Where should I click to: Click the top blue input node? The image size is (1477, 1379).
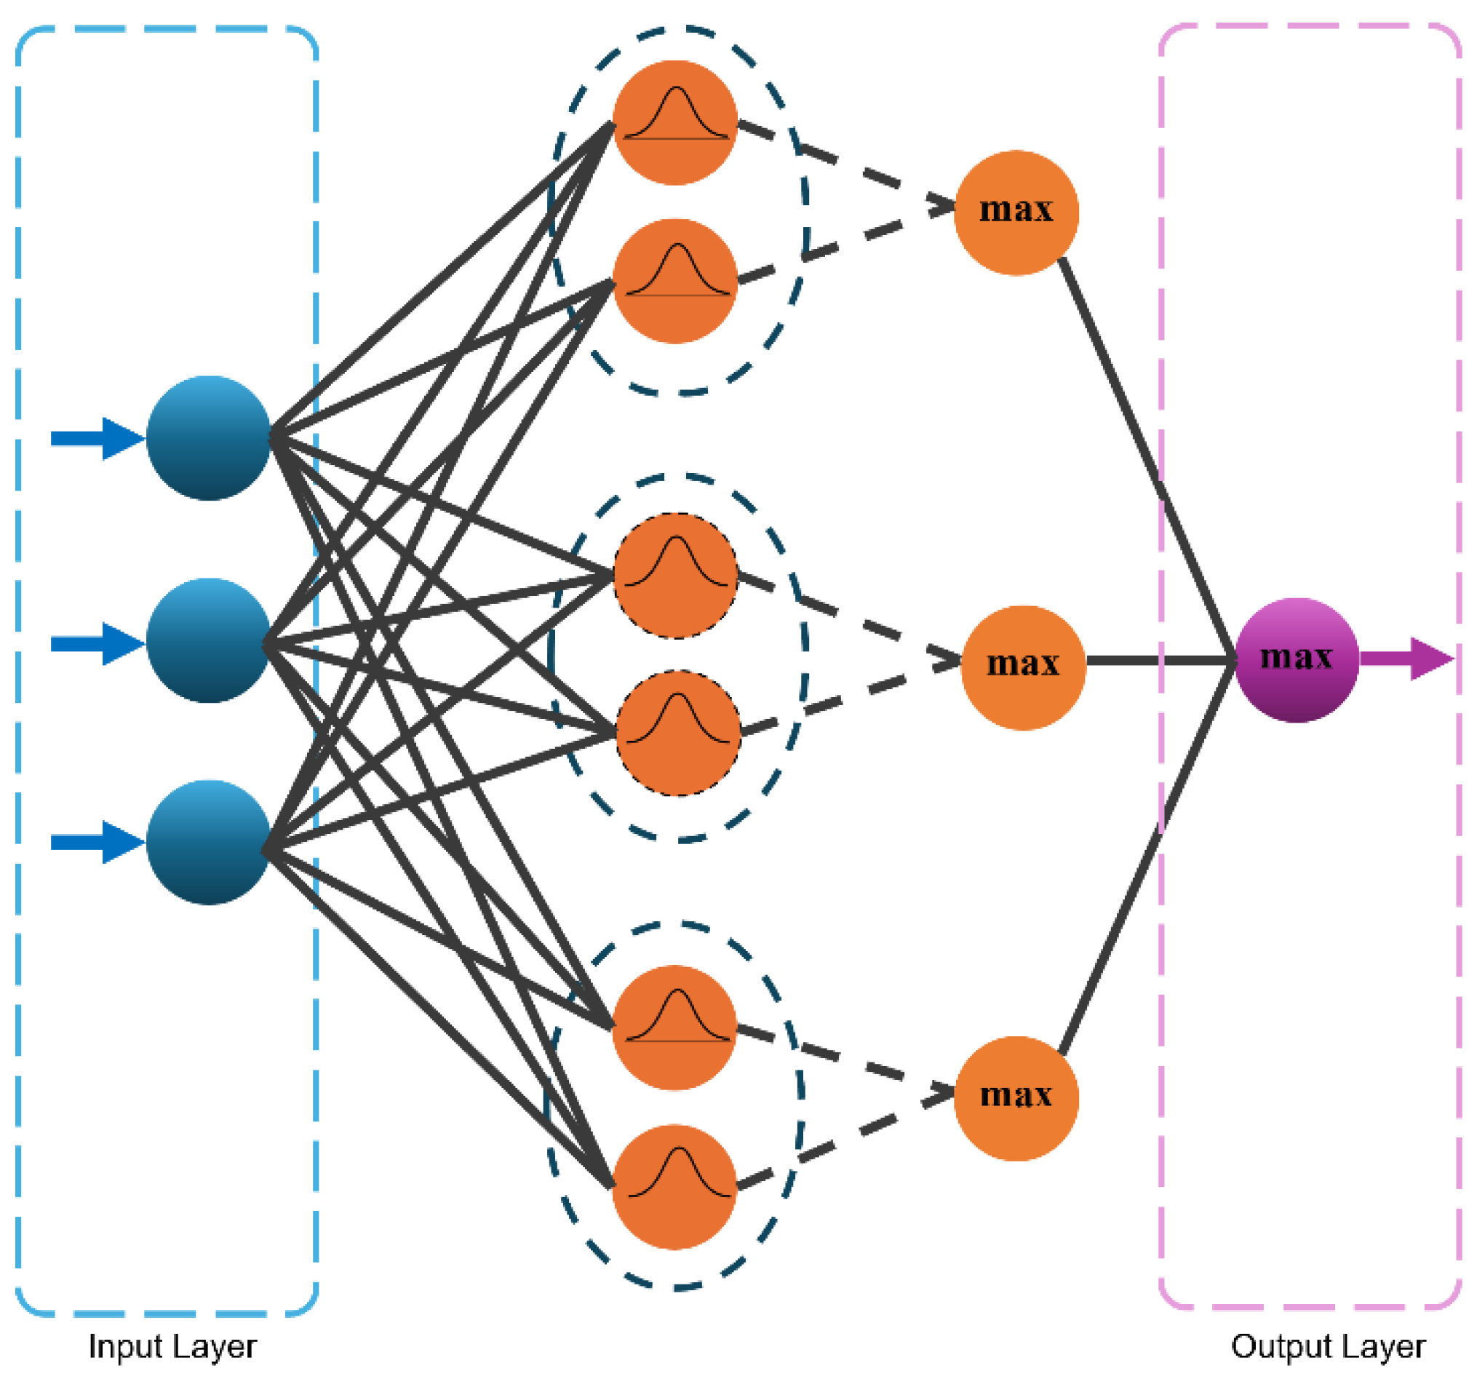[208, 437]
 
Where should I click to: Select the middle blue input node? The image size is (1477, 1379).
[208, 640]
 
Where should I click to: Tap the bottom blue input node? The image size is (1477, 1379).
[208, 842]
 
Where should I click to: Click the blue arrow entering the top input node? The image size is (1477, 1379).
[97, 438]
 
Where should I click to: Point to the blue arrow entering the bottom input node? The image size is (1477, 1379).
[97, 842]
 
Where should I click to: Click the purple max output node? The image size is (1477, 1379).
[1297, 660]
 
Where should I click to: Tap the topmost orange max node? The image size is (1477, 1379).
[1016, 212]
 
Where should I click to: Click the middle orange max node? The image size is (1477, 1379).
[1023, 667]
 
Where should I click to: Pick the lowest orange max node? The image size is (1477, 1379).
[1016, 1098]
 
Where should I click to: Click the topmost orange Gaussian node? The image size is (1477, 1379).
[674, 122]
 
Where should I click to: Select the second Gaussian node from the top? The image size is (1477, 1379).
[674, 281]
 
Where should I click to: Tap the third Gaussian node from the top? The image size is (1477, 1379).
[675, 575]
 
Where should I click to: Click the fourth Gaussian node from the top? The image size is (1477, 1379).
[677, 733]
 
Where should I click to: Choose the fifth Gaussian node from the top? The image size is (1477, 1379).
[674, 1028]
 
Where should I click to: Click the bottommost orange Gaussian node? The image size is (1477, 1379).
[674, 1187]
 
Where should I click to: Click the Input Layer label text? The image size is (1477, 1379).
[172, 1346]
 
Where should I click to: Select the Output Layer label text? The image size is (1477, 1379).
[1328, 1346]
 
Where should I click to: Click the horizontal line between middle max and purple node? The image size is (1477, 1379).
[1159, 659]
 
